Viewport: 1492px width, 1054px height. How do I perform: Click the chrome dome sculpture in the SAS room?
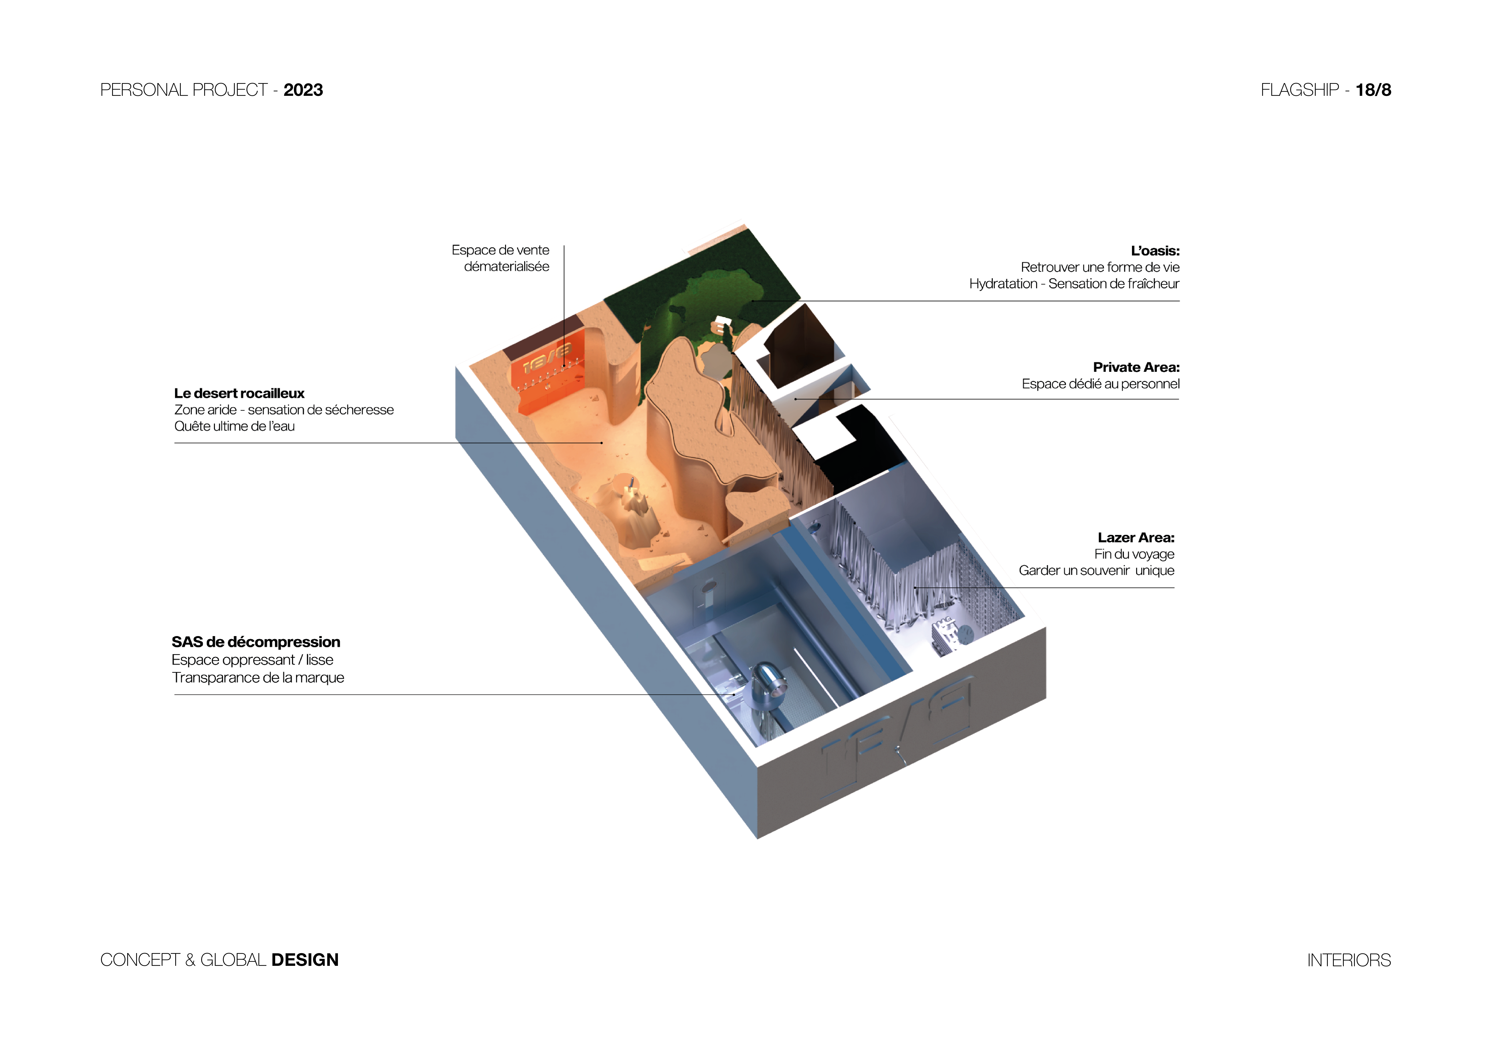coord(767,685)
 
